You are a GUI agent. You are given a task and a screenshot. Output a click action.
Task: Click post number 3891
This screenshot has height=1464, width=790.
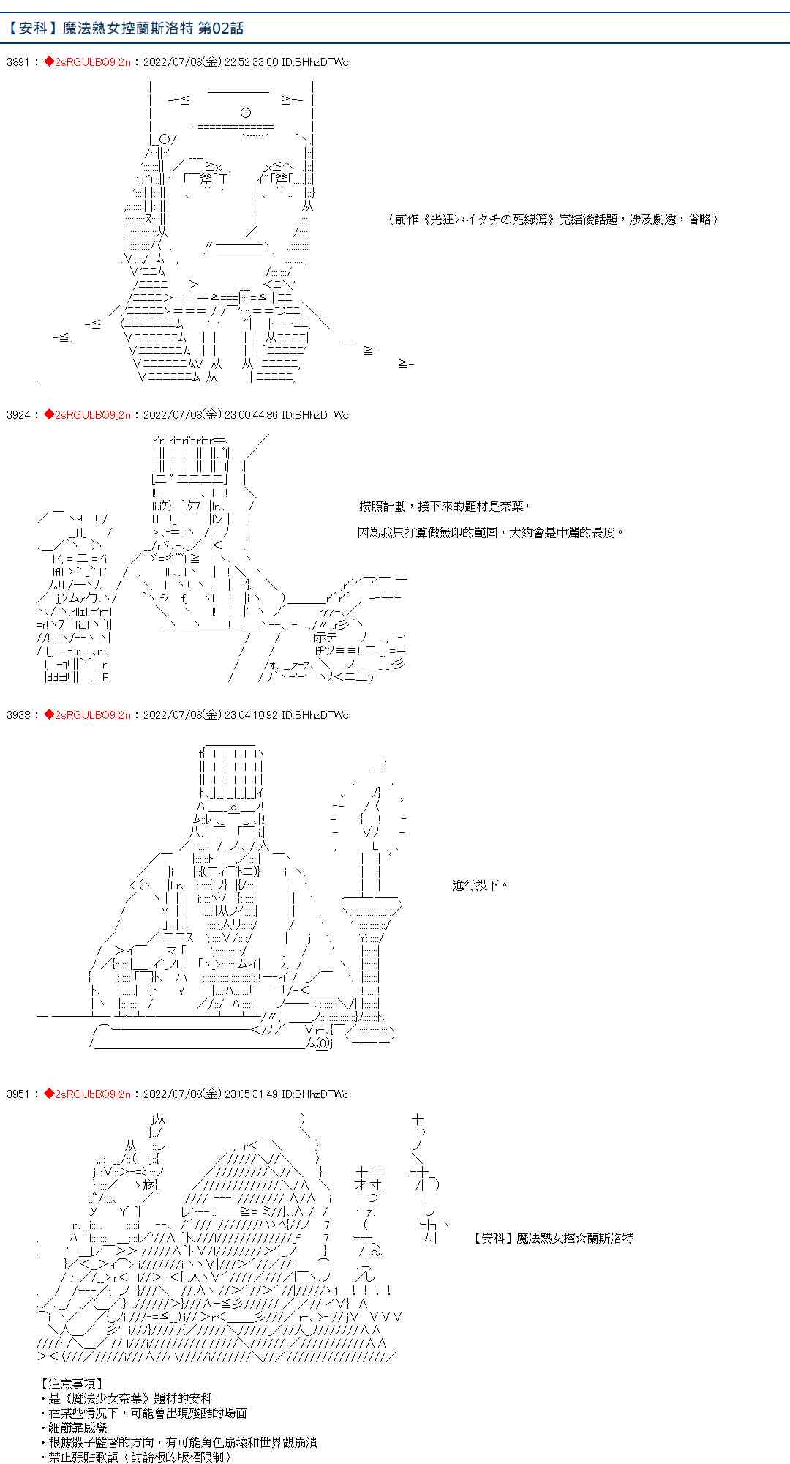pos(17,62)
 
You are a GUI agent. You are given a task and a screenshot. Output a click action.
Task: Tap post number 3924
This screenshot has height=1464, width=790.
pos(17,415)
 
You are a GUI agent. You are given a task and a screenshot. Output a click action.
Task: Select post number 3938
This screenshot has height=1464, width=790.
pos(17,715)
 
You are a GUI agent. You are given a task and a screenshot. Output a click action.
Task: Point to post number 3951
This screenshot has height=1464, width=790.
pos(17,1094)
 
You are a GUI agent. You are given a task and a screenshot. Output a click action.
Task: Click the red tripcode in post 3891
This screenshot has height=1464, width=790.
pos(88,62)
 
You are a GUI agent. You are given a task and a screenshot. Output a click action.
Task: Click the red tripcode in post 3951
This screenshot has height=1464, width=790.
pos(88,1094)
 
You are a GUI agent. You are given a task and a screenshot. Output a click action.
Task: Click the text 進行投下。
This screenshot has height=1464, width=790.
pos(480,886)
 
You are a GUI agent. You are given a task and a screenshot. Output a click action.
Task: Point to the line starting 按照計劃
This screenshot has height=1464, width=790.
pos(446,507)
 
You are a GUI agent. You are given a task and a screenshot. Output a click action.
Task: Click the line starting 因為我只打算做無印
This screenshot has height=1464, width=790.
pos(491,533)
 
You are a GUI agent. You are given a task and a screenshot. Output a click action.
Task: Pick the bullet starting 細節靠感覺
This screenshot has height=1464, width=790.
pos(74,1427)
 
